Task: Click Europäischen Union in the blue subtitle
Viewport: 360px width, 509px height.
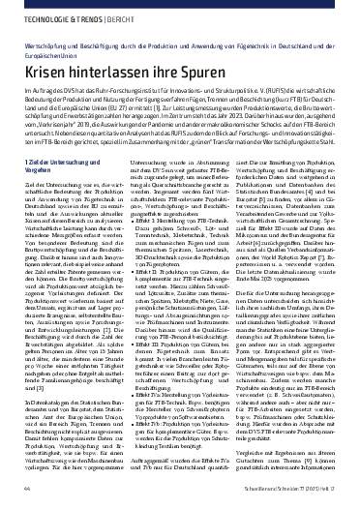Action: coord(43,55)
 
